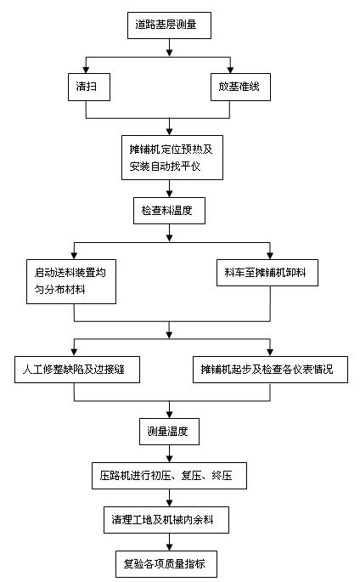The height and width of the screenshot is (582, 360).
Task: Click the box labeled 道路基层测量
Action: (167, 26)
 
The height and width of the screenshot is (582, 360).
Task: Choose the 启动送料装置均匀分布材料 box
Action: (70, 281)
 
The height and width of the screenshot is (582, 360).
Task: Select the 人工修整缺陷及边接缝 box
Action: (76, 370)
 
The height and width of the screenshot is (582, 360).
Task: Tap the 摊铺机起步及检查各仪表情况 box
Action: (268, 370)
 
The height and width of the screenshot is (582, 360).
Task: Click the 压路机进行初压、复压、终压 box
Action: (169, 476)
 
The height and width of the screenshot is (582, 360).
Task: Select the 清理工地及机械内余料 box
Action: (169, 520)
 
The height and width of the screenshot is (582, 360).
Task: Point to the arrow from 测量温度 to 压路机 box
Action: (169, 455)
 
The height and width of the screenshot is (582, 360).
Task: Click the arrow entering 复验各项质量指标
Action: (169, 544)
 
